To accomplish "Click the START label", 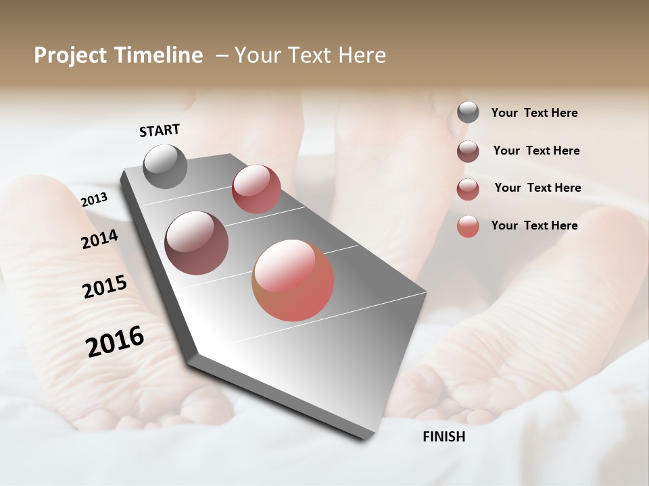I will pyautogui.click(x=160, y=130).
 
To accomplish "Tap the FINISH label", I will pyautogui.click(x=444, y=436).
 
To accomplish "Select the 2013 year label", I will pyautogui.click(x=94, y=200).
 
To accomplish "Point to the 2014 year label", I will pyautogui.click(x=99, y=239).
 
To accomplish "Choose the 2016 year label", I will pyautogui.click(x=115, y=342).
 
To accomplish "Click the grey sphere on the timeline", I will pyautogui.click(x=165, y=166).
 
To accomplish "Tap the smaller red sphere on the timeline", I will pyautogui.click(x=256, y=189).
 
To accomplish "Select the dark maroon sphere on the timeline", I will pyautogui.click(x=196, y=243).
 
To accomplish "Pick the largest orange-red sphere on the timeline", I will pyautogui.click(x=293, y=280).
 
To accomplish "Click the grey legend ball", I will pyautogui.click(x=468, y=113).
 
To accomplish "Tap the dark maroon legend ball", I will pyautogui.click(x=468, y=151).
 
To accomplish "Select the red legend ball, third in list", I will pyautogui.click(x=468, y=189).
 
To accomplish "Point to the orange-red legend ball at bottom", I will pyautogui.click(x=468, y=226).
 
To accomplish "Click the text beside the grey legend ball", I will pyautogui.click(x=534, y=113).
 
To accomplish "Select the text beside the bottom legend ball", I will pyautogui.click(x=534, y=225).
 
